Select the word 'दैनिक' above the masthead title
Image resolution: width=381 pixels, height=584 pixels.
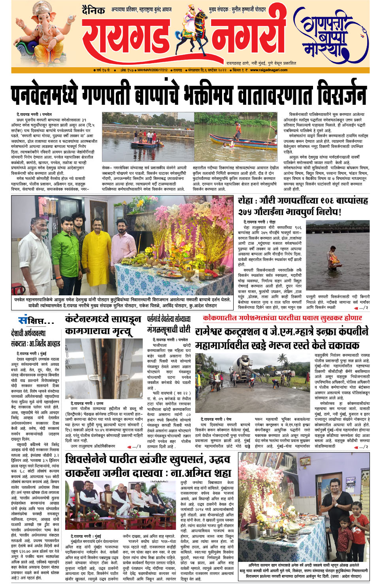[x=93, y=10]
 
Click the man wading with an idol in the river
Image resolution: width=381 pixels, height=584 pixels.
[x=335, y=259]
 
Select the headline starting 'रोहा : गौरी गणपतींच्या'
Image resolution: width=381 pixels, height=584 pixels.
[x=302, y=206]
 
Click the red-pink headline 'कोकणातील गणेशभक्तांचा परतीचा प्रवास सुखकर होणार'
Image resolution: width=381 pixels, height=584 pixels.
[x=282, y=318]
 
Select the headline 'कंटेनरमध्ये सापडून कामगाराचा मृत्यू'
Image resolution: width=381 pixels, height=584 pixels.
[x=103, y=325]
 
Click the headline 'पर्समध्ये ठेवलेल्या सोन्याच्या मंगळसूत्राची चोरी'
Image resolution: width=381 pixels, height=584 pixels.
[x=169, y=324]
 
